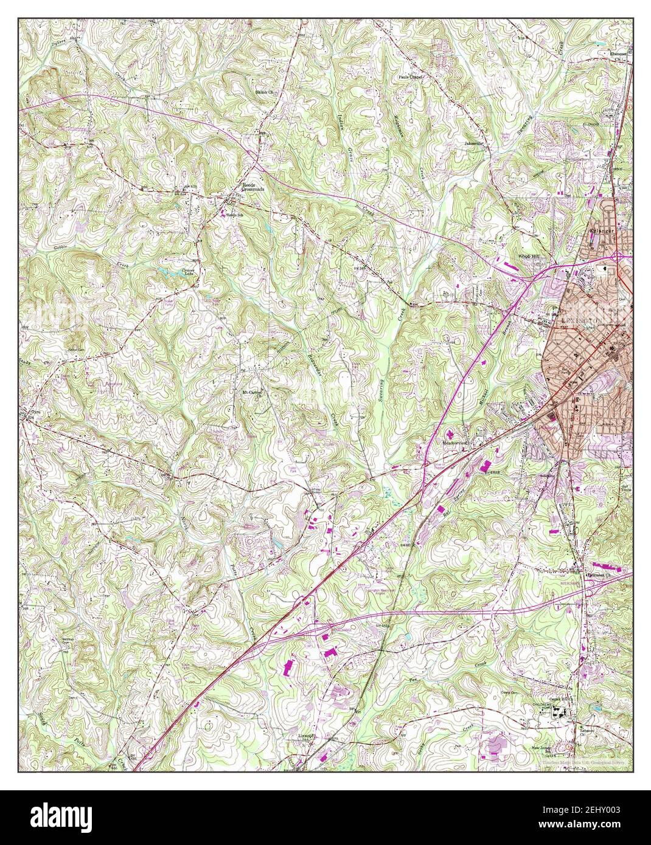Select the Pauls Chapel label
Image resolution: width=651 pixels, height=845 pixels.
[x=411, y=77]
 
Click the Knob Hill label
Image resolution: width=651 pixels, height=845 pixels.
[x=531, y=257]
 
